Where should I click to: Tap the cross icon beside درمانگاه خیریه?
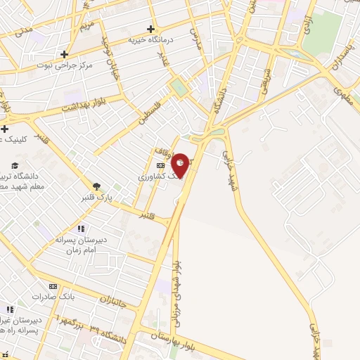(150, 29)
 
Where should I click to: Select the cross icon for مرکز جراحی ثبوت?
(64, 53)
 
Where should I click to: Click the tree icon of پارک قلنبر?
(96, 186)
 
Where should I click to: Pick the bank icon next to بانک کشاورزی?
(161, 166)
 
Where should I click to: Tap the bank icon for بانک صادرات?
(53, 286)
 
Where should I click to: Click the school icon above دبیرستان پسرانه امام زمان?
(81, 229)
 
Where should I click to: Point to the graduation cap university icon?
(15, 165)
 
